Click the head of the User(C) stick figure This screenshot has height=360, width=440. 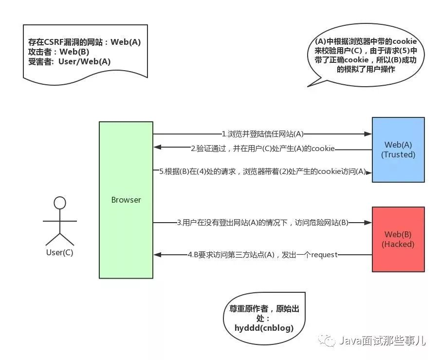60,203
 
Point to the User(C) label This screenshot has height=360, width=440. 60,253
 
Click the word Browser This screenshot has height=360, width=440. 126,200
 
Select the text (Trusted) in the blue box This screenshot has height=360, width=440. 398,155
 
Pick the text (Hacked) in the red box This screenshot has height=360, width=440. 398,244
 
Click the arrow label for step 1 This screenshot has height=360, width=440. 263,133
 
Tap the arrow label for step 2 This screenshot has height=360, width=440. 263,149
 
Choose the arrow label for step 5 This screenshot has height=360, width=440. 262,171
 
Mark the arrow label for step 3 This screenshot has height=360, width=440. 263,223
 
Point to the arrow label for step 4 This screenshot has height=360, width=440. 263,255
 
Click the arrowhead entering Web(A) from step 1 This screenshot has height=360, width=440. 368,133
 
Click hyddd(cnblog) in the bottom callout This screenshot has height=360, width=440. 264,327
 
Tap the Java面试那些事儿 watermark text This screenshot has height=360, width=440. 382,341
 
